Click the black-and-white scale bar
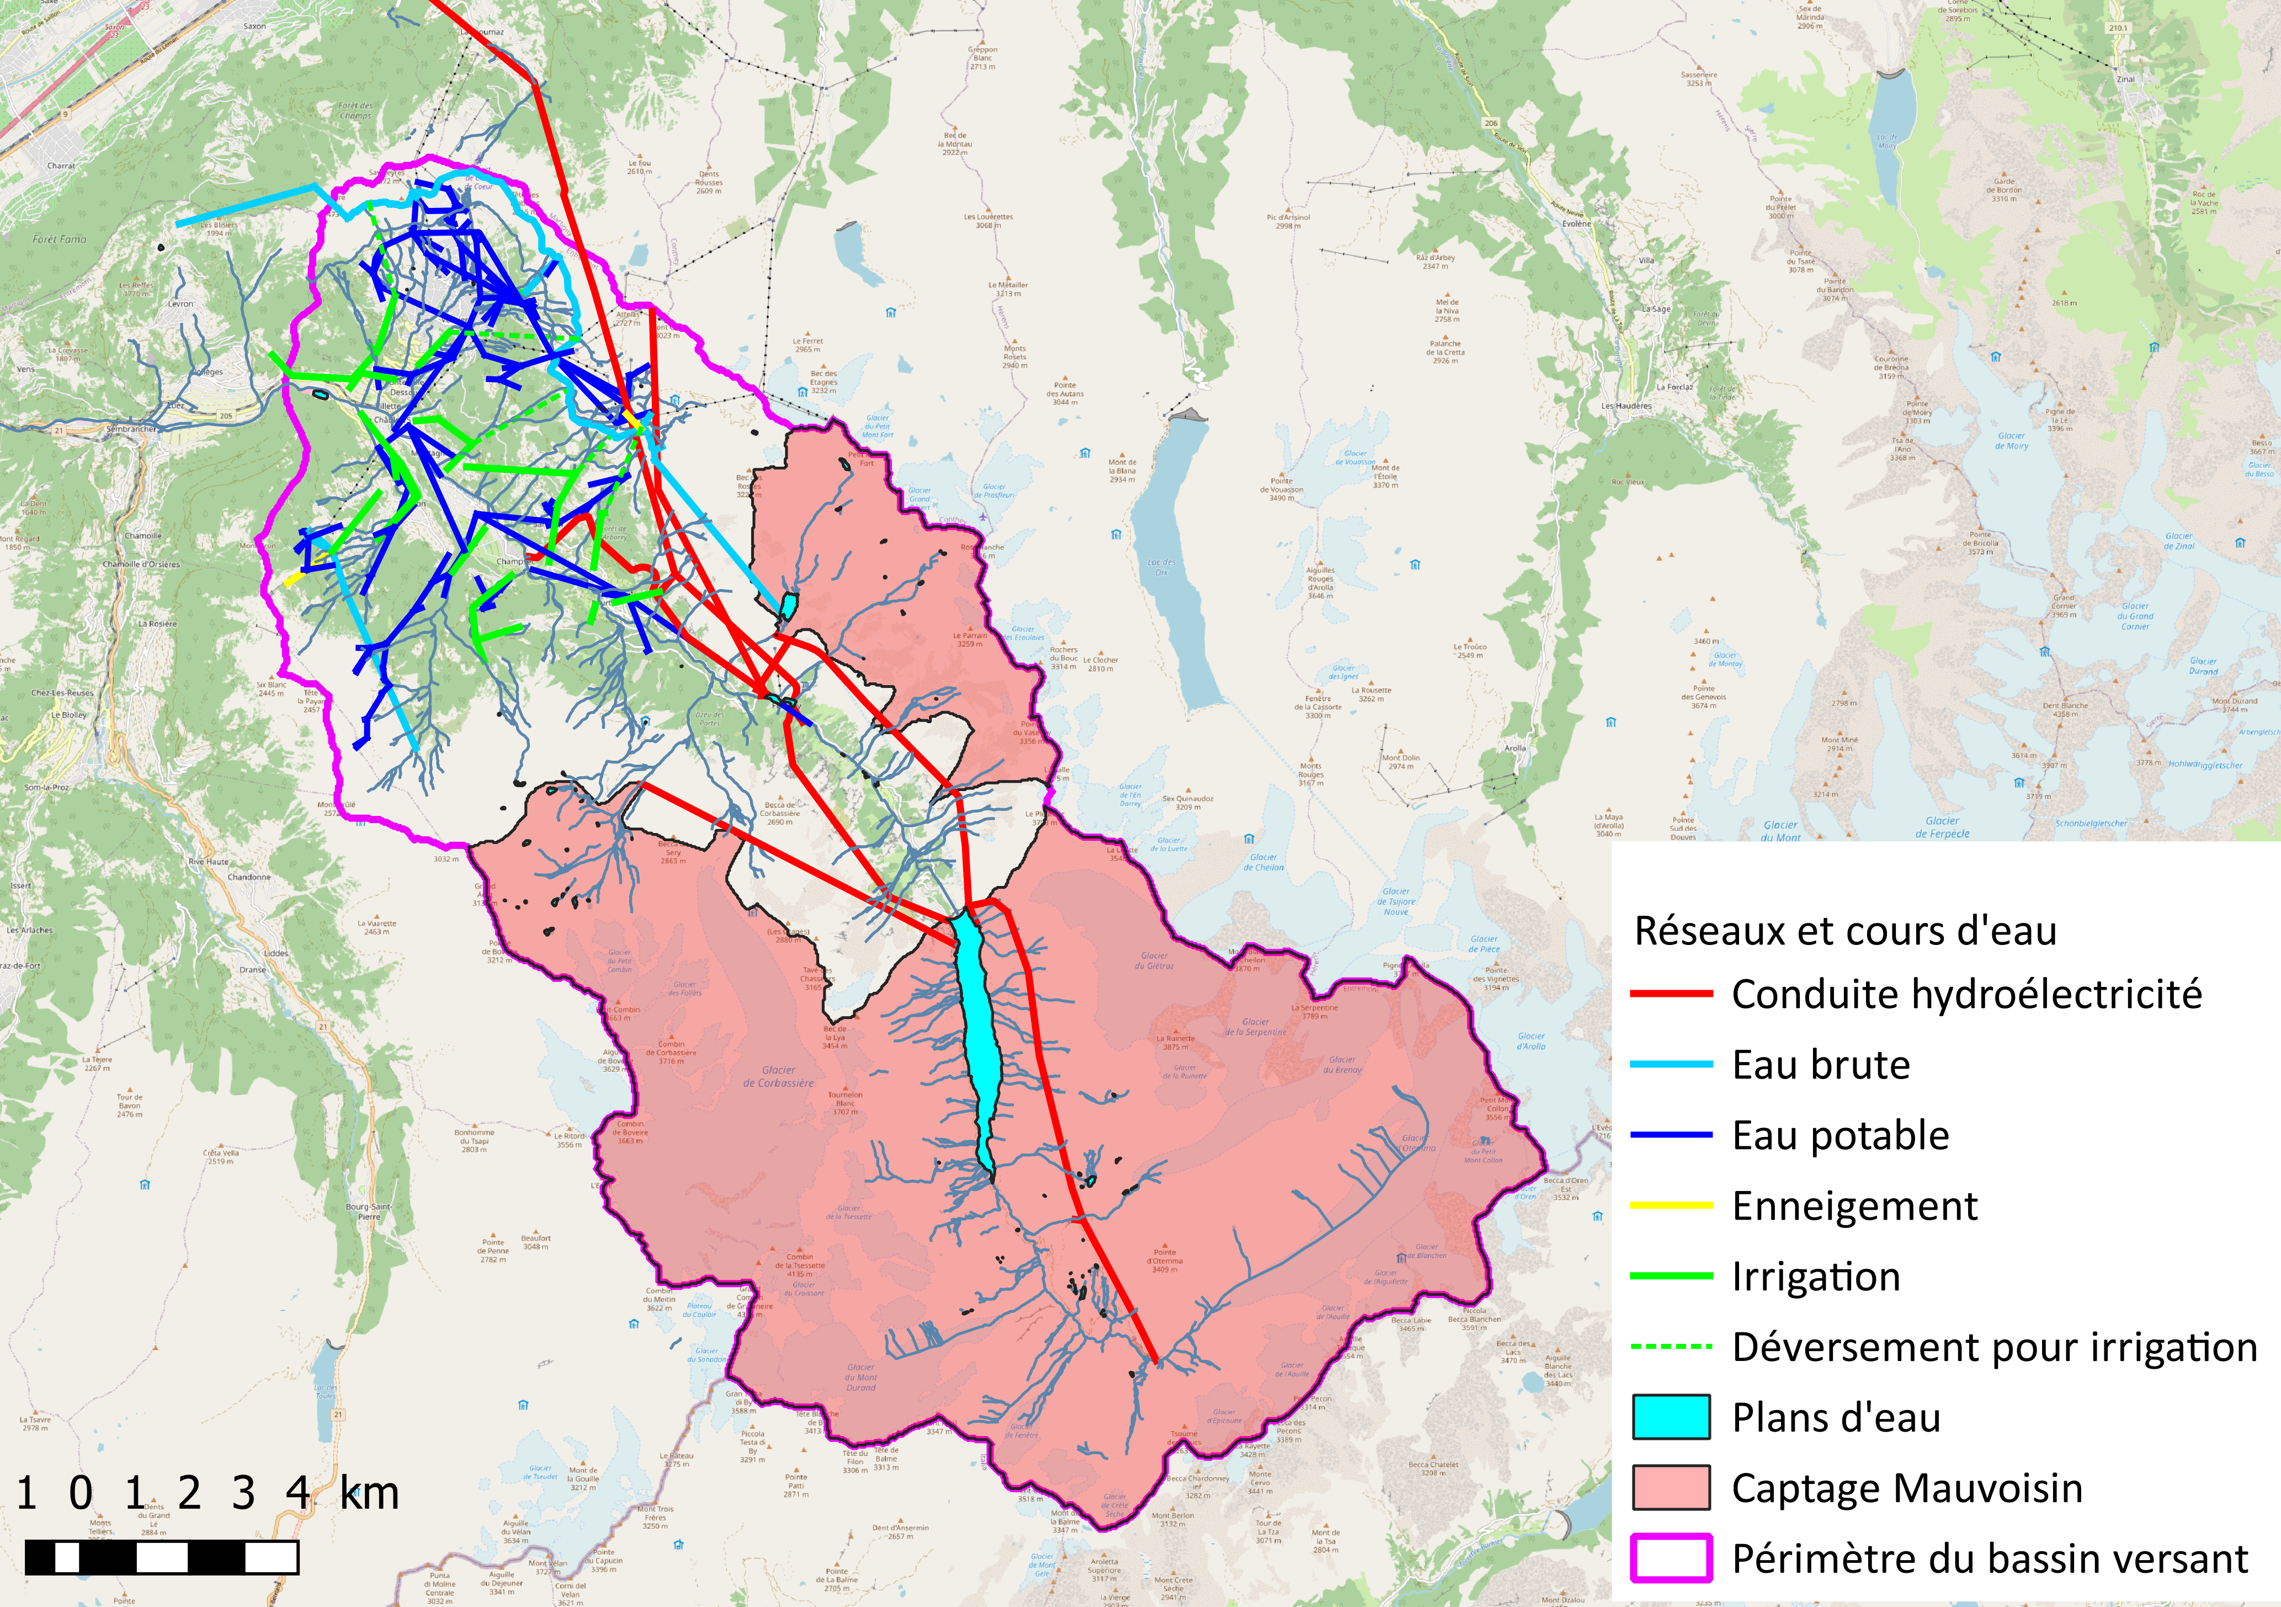point(161,1557)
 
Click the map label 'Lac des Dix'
point(1161,567)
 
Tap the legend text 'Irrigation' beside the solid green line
point(1816,1276)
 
